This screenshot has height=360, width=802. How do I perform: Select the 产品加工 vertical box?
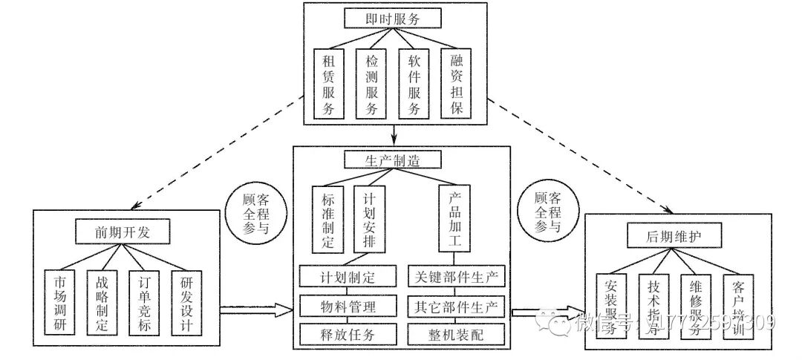pyautogui.click(x=456, y=218)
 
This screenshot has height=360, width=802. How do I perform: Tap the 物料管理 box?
pyautogui.click(x=348, y=306)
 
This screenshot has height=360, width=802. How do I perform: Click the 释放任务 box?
pyautogui.click(x=348, y=333)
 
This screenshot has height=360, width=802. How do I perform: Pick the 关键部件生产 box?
pyautogui.click(x=457, y=278)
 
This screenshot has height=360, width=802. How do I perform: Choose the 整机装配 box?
pyautogui.click(x=457, y=333)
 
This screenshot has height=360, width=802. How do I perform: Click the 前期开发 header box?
pyautogui.click(x=123, y=232)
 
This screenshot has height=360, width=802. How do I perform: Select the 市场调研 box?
pyautogui.click(x=59, y=303)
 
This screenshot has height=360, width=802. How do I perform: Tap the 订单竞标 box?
pyautogui.click(x=144, y=303)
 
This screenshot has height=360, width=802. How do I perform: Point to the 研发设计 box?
pyautogui.click(x=186, y=303)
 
